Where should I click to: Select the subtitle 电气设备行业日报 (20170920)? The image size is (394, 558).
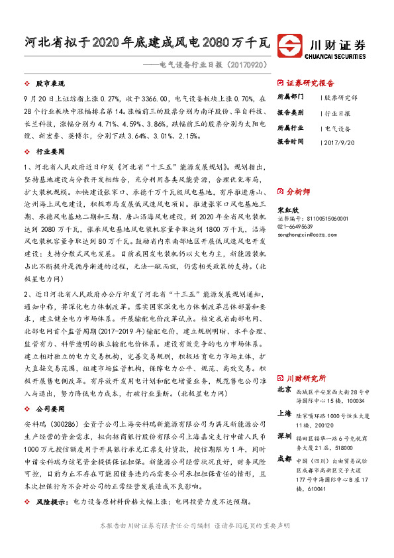coord(207,65)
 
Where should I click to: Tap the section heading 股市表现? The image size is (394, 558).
coord(47,85)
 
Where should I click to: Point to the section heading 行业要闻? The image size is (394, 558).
coord(47,152)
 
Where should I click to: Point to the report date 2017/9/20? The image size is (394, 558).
coord(340,141)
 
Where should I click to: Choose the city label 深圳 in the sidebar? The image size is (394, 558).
coord(285,436)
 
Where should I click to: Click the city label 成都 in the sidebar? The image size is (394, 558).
coord(285,457)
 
